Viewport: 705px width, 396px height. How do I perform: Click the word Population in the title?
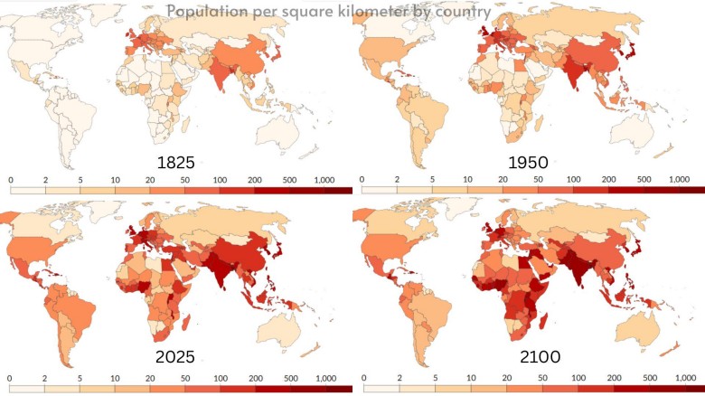click(x=202, y=12)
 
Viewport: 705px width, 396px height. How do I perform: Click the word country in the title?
click(x=463, y=12)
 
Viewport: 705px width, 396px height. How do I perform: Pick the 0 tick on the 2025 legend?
click(x=10, y=377)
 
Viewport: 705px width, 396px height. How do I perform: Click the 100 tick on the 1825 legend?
click(x=221, y=180)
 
